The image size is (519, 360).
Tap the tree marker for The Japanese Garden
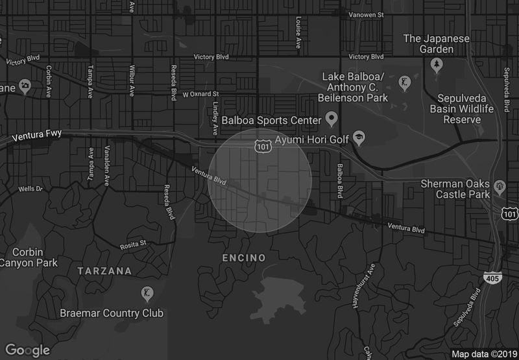[437, 64]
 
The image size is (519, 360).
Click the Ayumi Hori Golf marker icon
[359, 138]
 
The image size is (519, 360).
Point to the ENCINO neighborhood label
[243, 258]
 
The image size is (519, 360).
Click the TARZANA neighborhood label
[104, 270]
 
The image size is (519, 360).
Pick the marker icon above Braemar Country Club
[147, 294]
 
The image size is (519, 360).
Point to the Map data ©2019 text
[483, 354]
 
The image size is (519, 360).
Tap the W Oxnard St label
[200, 94]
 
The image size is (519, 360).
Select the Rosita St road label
[134, 246]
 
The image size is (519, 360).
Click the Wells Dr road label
[30, 189]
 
